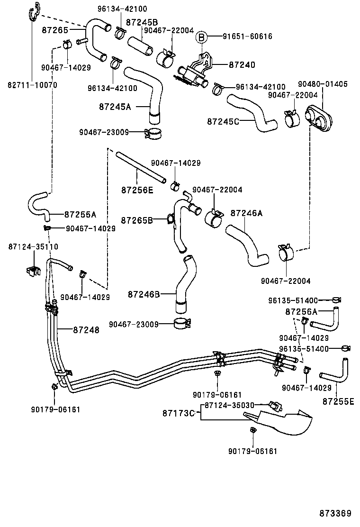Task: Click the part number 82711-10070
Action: [32, 85]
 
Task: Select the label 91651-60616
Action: [247, 36]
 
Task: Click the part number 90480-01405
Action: [323, 84]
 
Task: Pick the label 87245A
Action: [115, 107]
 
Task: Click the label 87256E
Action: [137, 190]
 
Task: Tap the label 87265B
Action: [136, 220]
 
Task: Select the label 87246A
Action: [246, 213]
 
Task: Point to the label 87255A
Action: [81, 214]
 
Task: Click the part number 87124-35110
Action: [33, 246]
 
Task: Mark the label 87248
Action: [86, 330]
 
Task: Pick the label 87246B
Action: [144, 294]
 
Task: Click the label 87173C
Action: [180, 413]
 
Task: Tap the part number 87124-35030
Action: [230, 405]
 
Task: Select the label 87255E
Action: [338, 401]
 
